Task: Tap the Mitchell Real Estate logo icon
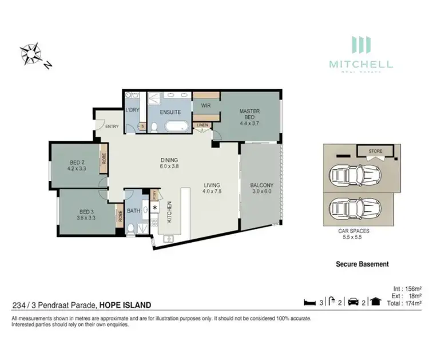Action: tap(360, 46)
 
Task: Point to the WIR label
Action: tap(205, 105)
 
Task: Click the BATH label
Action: tap(133, 211)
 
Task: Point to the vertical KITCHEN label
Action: tap(169, 212)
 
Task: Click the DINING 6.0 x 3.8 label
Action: tap(169, 163)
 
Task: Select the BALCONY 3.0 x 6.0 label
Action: tap(261, 189)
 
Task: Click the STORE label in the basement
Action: tap(375, 152)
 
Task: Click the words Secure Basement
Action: tap(362, 264)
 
